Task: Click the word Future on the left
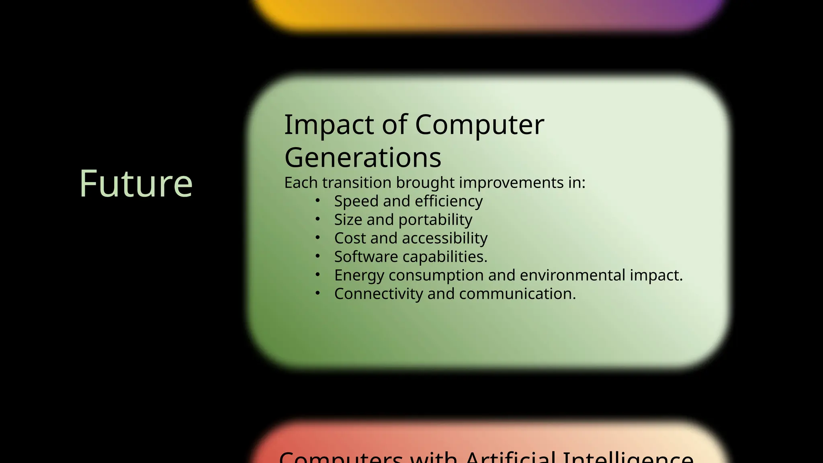136,184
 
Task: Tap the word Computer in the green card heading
479,125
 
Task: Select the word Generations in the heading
362,158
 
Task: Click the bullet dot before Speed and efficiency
317,200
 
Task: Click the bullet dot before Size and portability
317,219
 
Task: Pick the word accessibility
444,238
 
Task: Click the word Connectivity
378,294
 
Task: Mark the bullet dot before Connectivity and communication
317,293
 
